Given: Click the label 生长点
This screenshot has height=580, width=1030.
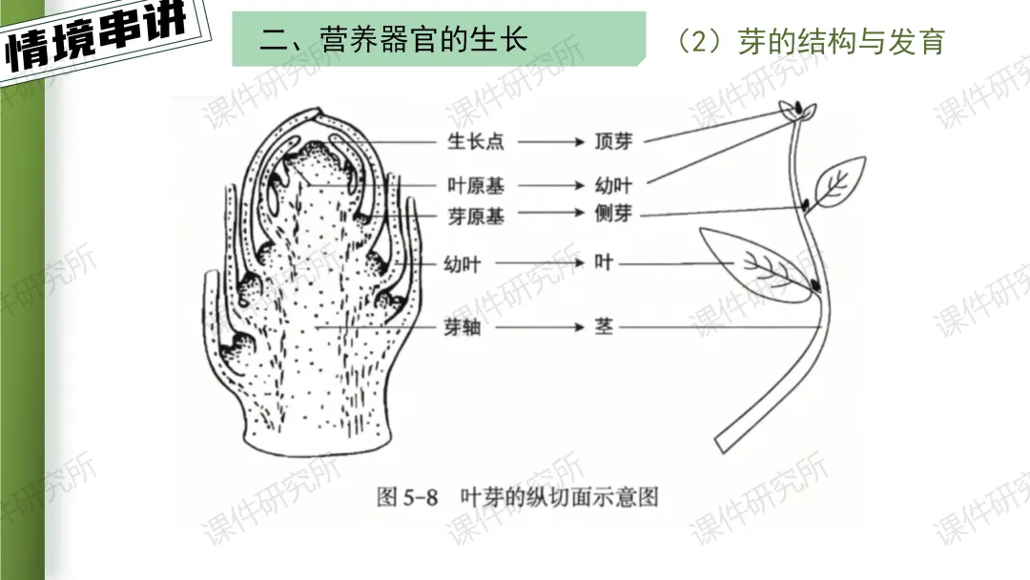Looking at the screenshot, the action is [x=475, y=141].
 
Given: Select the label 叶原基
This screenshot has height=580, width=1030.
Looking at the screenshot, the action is [x=475, y=185].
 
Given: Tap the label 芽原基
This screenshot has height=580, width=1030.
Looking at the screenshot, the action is [x=475, y=216].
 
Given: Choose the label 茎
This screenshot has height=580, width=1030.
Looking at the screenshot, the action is [x=604, y=327].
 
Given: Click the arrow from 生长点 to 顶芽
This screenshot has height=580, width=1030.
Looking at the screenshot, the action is [x=550, y=141].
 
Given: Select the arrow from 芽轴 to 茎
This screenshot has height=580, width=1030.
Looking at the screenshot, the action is [x=550, y=327].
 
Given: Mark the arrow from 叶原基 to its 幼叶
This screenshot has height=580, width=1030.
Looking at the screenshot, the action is [x=550, y=185].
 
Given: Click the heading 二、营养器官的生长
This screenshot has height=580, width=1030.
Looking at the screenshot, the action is [x=393, y=39].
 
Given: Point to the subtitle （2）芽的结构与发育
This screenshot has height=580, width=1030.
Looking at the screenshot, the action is [x=809, y=41].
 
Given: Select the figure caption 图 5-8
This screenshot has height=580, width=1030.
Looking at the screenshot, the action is [x=406, y=497].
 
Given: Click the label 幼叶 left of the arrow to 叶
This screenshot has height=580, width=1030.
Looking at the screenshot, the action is [x=463, y=263].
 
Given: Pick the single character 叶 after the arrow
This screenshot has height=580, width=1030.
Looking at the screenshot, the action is [x=603, y=261].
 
